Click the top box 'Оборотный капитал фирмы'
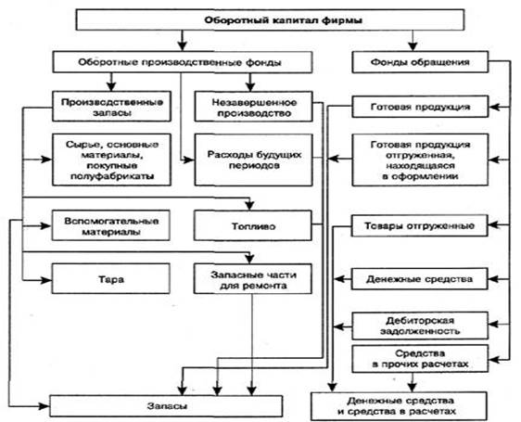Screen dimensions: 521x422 click(270, 20)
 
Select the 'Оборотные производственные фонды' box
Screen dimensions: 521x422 click(183, 62)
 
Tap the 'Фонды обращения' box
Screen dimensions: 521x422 click(420, 62)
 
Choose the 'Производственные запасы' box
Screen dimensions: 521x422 click(111, 107)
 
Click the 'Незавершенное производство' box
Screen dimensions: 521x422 click(253, 107)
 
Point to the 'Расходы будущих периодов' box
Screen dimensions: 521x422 click(253, 160)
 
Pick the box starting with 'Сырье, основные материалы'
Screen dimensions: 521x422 click(111, 160)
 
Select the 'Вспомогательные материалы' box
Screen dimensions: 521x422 click(111, 225)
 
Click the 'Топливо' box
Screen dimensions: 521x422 click(253, 225)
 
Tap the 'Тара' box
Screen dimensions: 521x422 click(111, 278)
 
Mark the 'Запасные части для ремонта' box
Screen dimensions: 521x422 click(253, 278)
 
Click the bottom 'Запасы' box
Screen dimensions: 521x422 click(166, 406)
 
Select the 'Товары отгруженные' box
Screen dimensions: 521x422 click(420, 225)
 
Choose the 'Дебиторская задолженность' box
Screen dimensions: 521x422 click(420, 326)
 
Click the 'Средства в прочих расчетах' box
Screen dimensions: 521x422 click(420, 359)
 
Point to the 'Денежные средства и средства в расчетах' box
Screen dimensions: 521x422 click(399, 406)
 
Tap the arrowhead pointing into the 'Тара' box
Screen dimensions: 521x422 click(46, 280)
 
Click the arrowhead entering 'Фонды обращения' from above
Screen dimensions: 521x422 click(413, 45)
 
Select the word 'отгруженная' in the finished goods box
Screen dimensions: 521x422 click(419, 155)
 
